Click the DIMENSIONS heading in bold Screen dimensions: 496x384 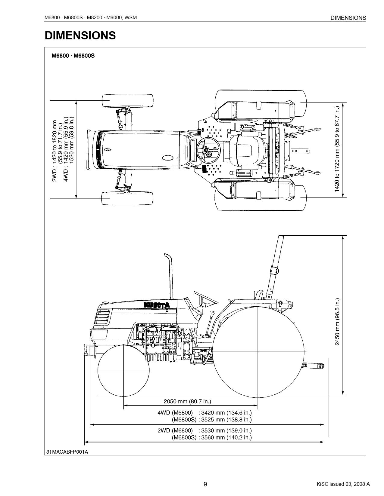click(x=80, y=35)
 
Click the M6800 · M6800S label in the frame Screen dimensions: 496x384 click(x=73, y=56)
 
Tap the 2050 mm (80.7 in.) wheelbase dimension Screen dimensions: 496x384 click(x=187, y=401)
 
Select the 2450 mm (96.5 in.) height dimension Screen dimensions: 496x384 click(x=337, y=322)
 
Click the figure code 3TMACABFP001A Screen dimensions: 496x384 click(x=67, y=452)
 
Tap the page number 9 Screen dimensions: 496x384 click(x=205, y=484)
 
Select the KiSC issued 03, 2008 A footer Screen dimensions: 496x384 click(x=343, y=484)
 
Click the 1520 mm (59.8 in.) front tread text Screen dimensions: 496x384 click(x=72, y=140)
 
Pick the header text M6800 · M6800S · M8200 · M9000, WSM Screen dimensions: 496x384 click(x=91, y=17)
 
